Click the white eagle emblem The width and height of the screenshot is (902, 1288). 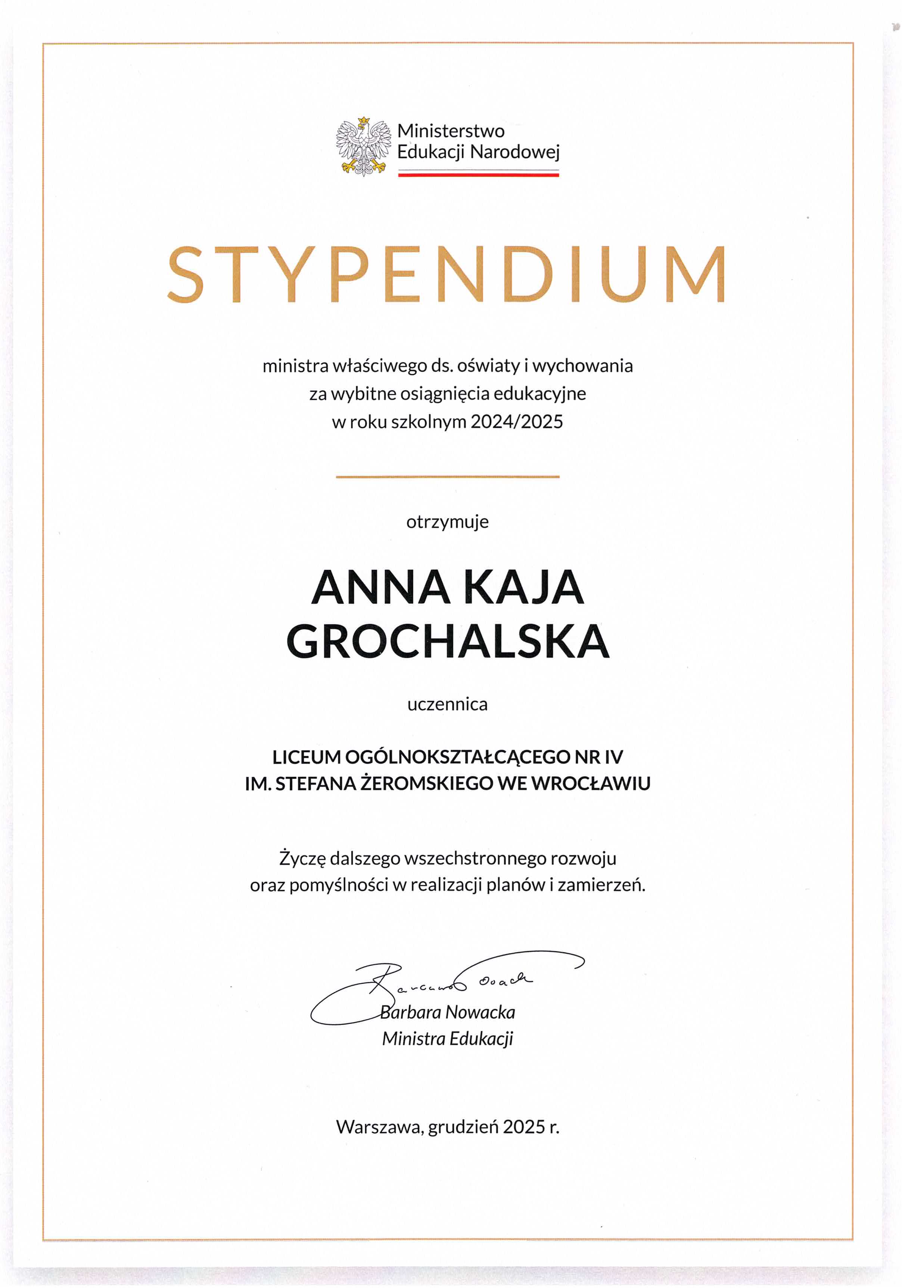point(364,146)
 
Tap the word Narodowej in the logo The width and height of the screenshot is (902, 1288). point(514,152)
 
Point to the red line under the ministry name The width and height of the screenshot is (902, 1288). point(479,175)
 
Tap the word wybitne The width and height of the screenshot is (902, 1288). point(364,394)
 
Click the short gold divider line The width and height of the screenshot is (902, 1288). point(448,477)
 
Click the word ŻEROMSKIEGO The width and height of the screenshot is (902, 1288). point(426,784)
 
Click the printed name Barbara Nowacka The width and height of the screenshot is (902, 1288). point(448,1012)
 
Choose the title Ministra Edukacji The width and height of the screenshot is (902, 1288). point(448,1039)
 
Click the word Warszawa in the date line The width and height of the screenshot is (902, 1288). point(379,1127)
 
